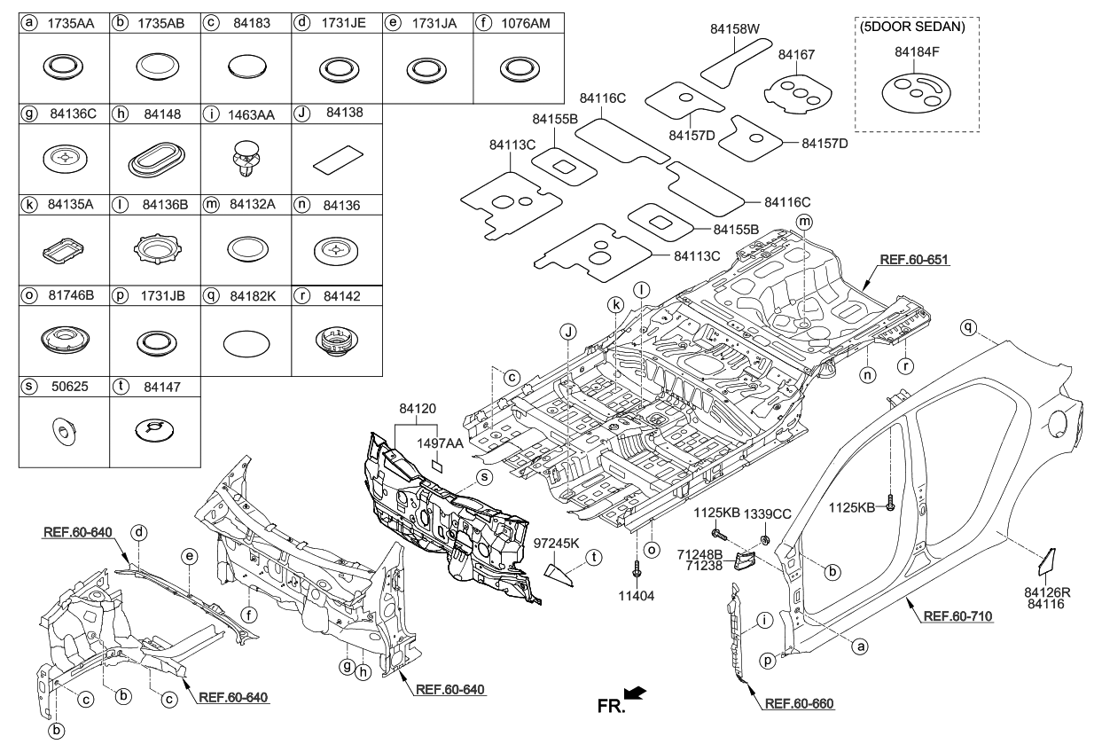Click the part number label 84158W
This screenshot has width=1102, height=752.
[735, 29]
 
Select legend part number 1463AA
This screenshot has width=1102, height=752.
[253, 113]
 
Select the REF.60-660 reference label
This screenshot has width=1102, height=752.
[798, 703]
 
